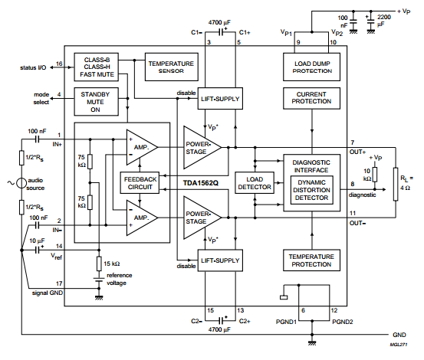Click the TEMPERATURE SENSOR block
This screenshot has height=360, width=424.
click(172, 67)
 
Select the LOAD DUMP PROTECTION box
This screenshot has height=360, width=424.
click(311, 67)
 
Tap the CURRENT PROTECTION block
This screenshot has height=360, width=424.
click(311, 98)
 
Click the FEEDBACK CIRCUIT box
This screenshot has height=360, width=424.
click(140, 183)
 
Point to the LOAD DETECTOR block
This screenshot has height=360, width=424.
click(255, 183)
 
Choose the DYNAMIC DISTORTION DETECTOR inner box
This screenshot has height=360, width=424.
click(312, 190)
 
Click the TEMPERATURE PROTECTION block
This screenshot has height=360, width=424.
click(311, 260)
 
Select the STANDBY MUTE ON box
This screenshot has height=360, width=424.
click(97, 102)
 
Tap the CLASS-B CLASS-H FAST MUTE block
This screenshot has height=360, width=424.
click(97, 67)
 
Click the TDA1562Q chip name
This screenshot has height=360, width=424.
click(200, 183)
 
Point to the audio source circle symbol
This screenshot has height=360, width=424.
click(21, 183)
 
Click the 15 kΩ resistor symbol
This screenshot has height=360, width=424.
click(99, 263)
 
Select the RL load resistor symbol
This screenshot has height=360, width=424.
click(396, 184)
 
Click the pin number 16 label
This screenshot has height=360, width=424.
click(59, 64)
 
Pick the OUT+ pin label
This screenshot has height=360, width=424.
click(357, 152)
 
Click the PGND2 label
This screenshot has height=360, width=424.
click(342, 322)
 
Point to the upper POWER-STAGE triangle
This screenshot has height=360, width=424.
click(202, 148)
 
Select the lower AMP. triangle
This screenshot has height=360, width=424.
click(141, 218)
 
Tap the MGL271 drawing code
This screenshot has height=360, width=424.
click(398, 345)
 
